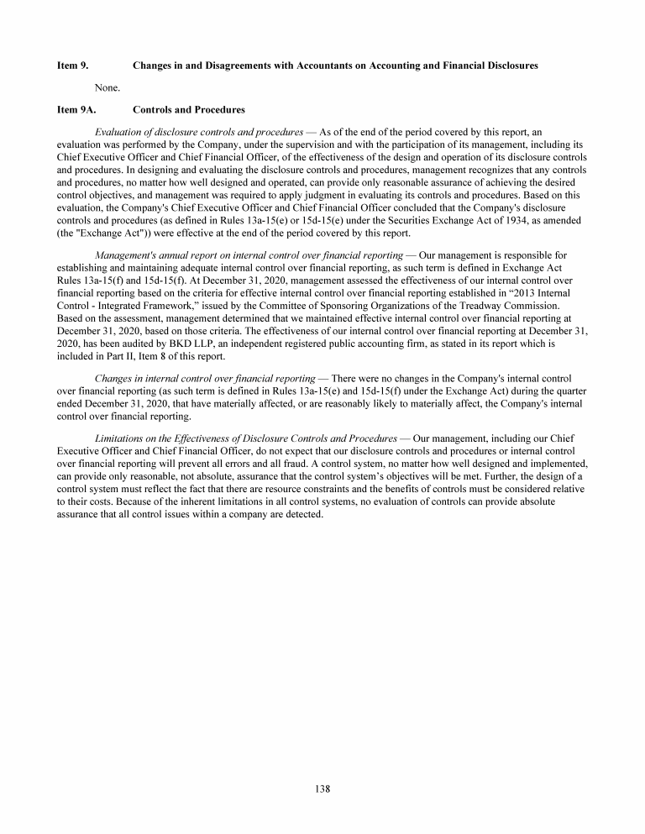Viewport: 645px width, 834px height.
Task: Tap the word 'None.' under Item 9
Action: point(107,87)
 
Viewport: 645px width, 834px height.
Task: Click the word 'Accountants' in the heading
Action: point(319,65)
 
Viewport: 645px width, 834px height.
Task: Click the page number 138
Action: point(322,788)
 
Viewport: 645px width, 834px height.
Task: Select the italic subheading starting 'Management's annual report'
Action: point(249,255)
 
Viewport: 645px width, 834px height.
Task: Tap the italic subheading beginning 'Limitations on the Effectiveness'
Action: point(248,439)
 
